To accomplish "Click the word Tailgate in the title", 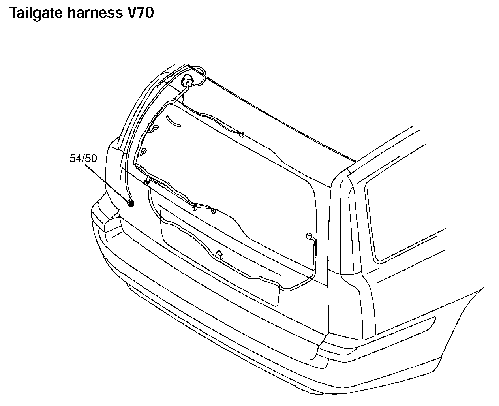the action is [36, 13].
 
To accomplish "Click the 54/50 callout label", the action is [83, 159].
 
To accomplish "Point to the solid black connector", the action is [131, 203].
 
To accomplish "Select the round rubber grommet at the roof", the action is [188, 81].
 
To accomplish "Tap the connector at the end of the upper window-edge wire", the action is [241, 135].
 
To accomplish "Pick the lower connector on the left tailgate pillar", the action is [144, 151].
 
